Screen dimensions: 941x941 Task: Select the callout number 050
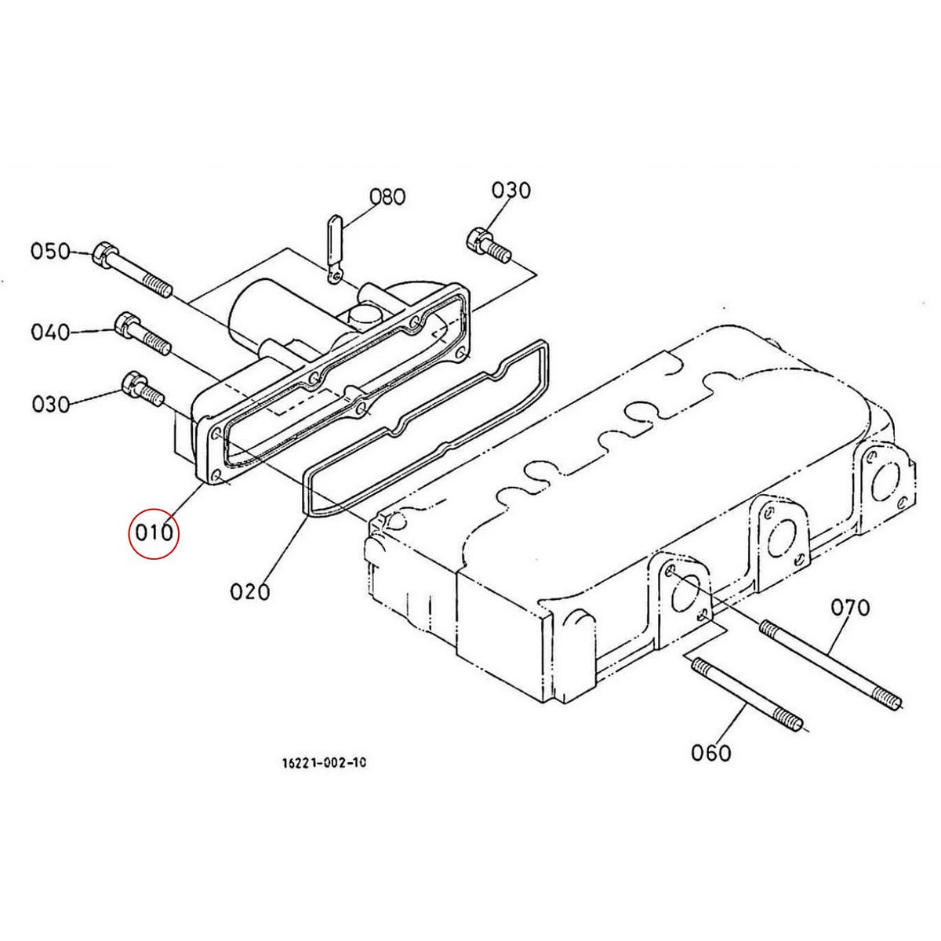(x=51, y=252)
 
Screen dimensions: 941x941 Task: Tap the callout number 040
(x=50, y=332)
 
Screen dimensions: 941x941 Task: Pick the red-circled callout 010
(x=154, y=532)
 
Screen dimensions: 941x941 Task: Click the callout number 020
(x=250, y=591)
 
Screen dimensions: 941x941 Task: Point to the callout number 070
(x=851, y=608)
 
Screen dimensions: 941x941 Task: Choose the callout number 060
(x=711, y=766)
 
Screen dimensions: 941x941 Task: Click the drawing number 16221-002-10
(x=324, y=776)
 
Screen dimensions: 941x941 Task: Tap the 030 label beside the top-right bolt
(x=510, y=191)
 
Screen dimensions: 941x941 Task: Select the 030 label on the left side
(x=51, y=405)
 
